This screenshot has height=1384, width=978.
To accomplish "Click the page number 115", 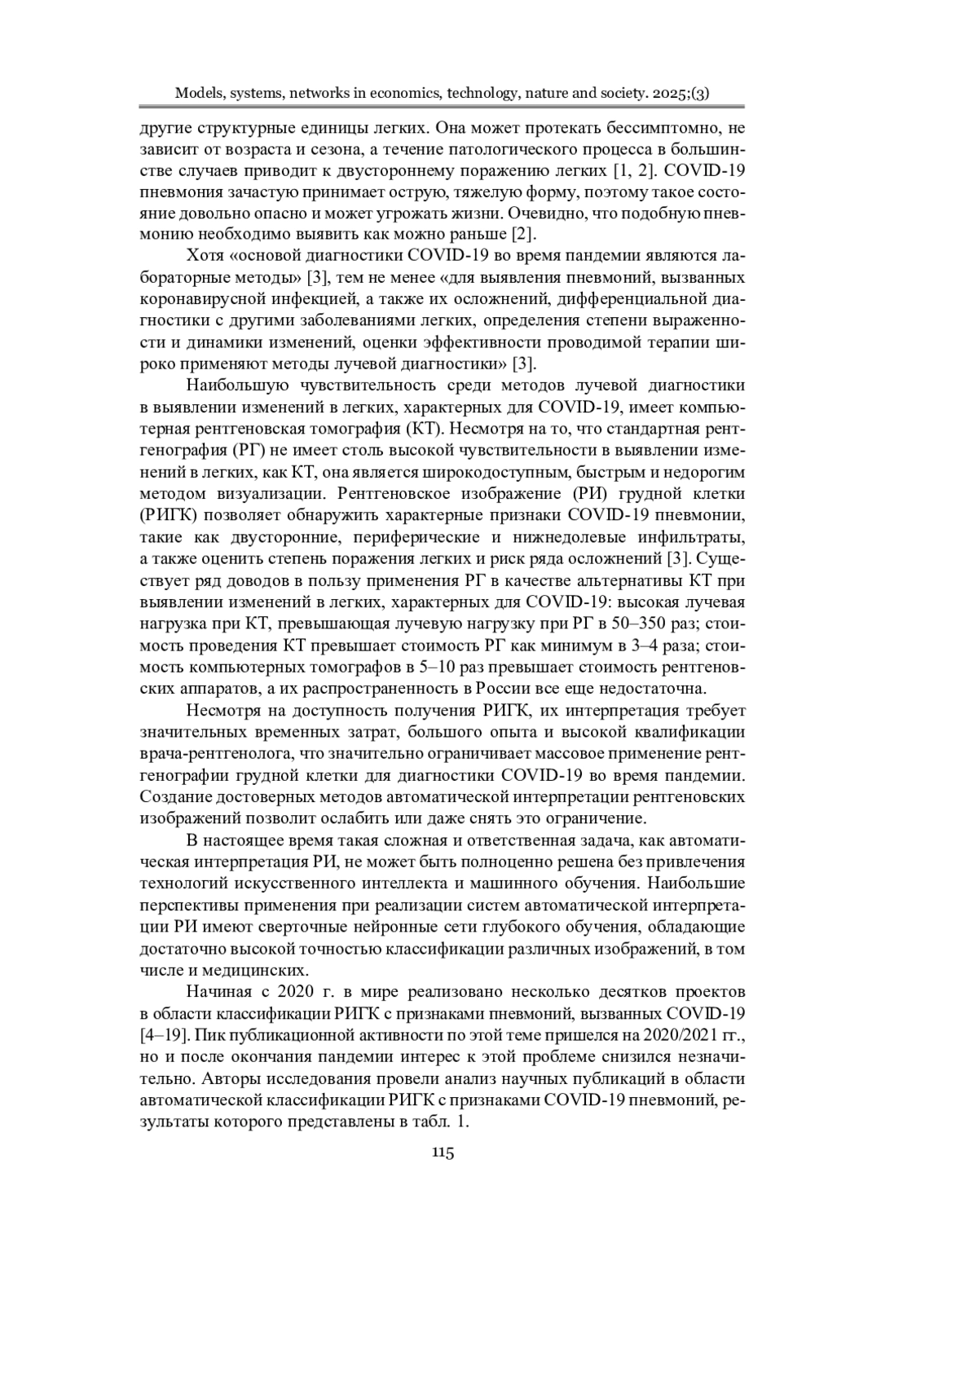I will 443,1152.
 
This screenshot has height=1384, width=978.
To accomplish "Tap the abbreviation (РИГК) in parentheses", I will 168,516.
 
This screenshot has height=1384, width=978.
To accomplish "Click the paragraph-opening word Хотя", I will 205,255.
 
